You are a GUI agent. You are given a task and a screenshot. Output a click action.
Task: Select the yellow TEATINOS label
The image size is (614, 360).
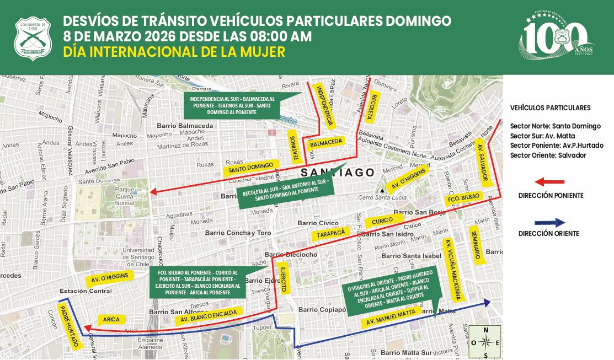296,148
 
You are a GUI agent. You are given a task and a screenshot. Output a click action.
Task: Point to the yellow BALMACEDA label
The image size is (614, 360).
326,142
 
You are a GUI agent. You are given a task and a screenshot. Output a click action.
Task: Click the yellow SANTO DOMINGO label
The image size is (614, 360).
251,167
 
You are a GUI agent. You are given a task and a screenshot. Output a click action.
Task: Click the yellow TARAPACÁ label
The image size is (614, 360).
331,234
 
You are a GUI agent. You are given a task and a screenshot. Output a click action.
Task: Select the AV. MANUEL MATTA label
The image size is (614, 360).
390,318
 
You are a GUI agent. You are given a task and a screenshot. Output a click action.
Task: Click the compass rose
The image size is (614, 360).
485,342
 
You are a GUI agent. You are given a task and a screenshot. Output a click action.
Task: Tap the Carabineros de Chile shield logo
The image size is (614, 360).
33,39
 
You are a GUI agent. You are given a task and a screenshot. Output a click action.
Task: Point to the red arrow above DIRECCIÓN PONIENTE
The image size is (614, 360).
550,181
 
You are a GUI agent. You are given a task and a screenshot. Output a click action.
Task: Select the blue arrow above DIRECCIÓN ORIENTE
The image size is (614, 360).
550,223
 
